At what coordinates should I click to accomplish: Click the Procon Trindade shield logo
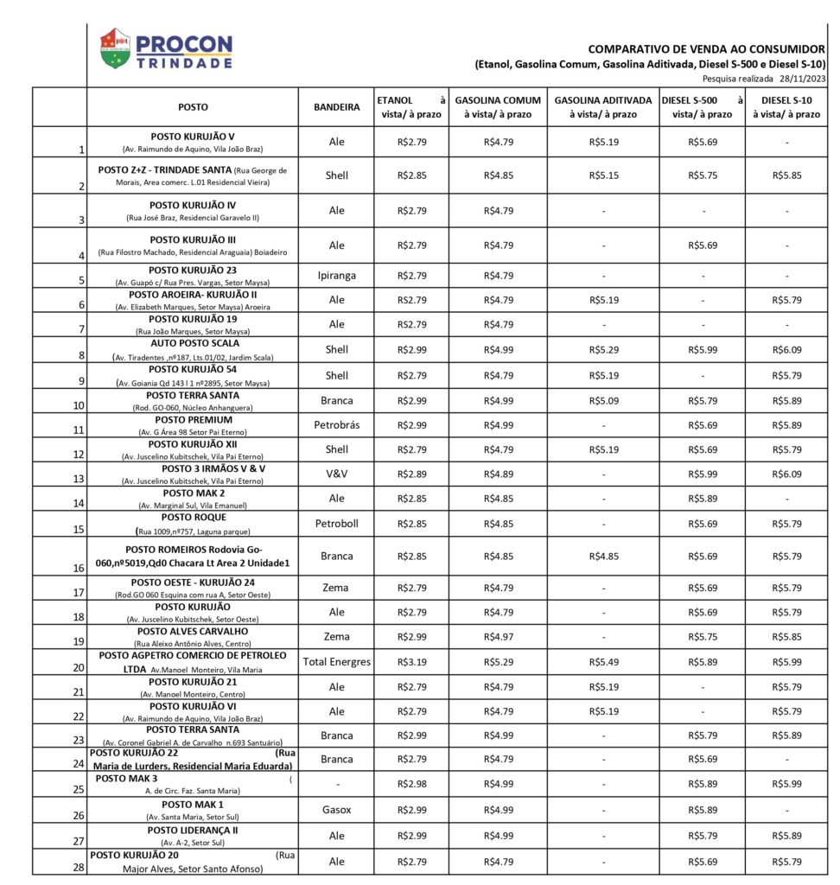click(x=115, y=48)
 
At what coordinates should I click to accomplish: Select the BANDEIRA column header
click(x=336, y=107)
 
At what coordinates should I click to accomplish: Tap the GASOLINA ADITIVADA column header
click(x=603, y=107)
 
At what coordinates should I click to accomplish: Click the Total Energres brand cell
click(x=336, y=662)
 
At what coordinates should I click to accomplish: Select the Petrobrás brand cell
click(x=336, y=425)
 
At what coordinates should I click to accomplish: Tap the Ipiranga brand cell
click(x=336, y=276)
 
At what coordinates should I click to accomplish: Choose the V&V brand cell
click(x=336, y=474)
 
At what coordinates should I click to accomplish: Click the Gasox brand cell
click(x=336, y=811)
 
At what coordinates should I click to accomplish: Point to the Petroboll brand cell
click(x=336, y=523)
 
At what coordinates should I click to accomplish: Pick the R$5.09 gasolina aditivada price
click(x=603, y=401)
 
